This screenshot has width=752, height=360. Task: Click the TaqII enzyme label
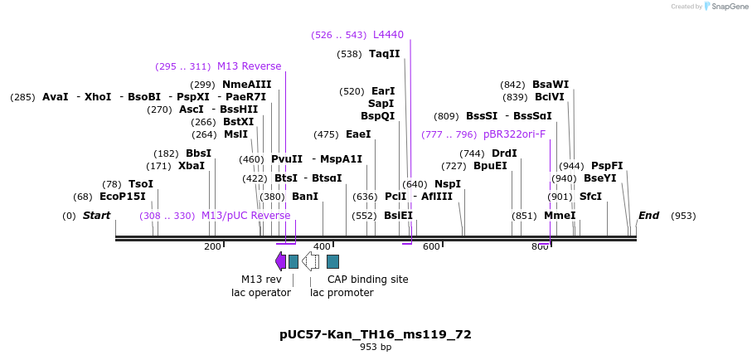point(384,54)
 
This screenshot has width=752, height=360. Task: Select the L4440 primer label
point(388,35)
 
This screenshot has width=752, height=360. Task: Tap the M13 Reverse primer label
point(249,66)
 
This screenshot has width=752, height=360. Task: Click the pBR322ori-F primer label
point(514,134)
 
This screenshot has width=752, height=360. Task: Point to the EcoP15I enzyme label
point(122,197)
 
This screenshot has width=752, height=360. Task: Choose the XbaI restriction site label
point(191,166)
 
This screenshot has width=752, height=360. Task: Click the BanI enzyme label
point(304,197)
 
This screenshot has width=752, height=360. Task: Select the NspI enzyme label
point(447,184)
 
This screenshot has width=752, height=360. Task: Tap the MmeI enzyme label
point(559,216)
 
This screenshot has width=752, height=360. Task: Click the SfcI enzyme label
point(589,197)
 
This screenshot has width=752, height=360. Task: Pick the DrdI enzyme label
point(504,153)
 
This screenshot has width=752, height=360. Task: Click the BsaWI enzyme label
point(551,85)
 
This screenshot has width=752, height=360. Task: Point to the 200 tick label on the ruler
point(212,247)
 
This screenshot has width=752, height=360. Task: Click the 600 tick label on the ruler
point(431,247)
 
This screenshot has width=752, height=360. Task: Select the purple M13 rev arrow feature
point(280,261)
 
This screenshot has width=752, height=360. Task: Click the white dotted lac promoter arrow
point(310,261)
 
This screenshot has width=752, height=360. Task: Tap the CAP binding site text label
point(367,280)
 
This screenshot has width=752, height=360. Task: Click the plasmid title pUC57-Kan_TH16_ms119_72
point(376,334)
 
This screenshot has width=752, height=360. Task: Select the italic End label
point(648,216)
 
